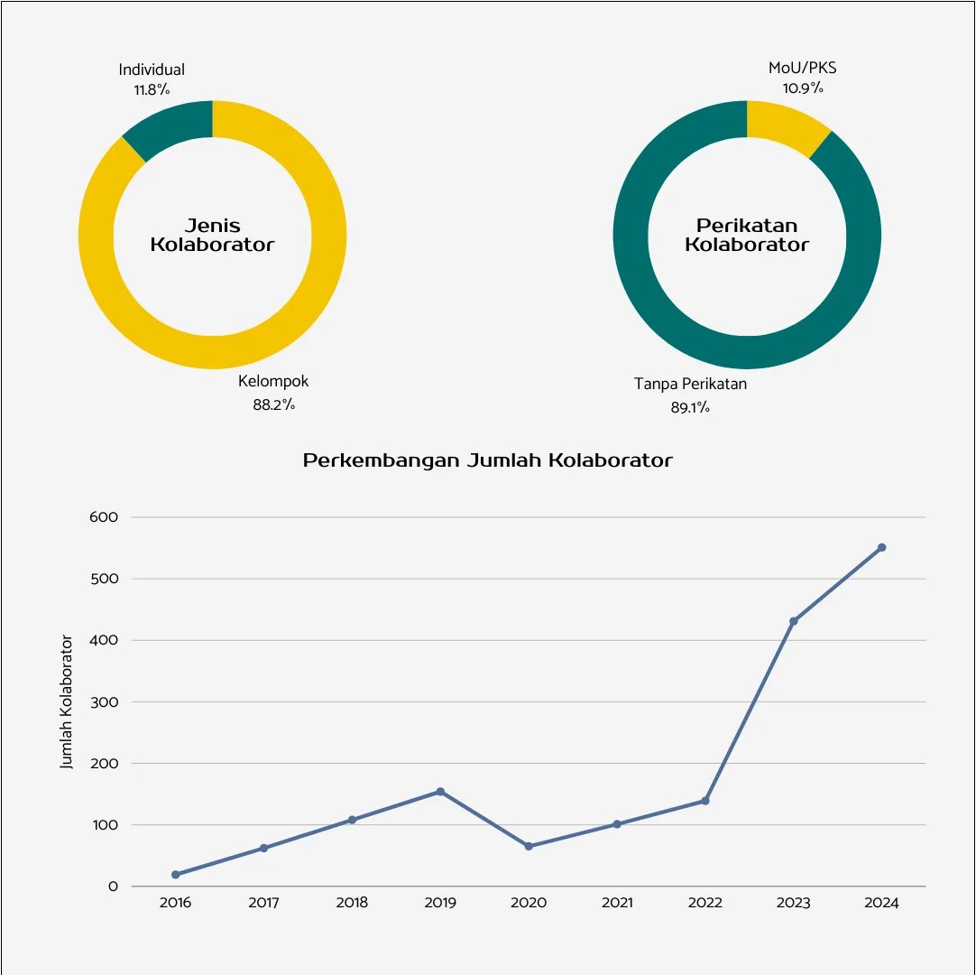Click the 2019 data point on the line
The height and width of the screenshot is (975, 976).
[440, 792]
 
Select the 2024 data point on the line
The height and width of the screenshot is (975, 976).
[881, 547]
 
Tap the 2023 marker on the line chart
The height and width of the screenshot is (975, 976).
[793, 621]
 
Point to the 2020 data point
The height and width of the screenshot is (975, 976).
[529, 846]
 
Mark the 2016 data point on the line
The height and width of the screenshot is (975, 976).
[175, 875]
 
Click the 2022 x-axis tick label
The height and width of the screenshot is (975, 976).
[704, 903]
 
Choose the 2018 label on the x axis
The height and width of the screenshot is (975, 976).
[352, 903]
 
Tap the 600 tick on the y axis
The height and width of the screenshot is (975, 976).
[105, 517]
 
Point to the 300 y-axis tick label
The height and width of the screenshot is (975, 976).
[105, 701]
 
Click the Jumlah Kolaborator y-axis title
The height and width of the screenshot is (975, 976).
[67, 702]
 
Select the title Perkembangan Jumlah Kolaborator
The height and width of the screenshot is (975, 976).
[488, 460]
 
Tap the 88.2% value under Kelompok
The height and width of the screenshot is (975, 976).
[273, 405]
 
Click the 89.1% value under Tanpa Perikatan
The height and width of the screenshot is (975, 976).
[690, 408]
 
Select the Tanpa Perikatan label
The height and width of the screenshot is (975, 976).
[690, 385]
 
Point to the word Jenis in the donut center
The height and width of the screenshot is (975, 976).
[213, 226]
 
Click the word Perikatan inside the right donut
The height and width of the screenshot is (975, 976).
[747, 226]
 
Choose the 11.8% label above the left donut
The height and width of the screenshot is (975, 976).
[151, 90]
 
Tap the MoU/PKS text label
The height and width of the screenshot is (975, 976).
[803, 68]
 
